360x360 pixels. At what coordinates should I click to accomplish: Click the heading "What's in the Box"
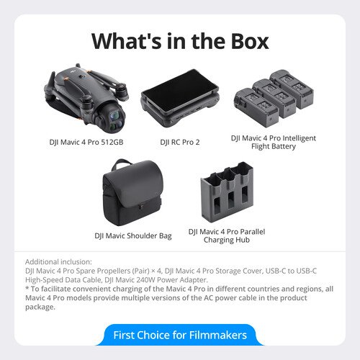[x=180, y=41]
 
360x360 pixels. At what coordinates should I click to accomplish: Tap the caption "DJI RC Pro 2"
[x=179, y=142]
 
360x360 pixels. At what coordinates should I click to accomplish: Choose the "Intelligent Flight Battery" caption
[x=273, y=142]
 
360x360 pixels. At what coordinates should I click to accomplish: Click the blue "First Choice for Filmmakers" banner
[x=180, y=335]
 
